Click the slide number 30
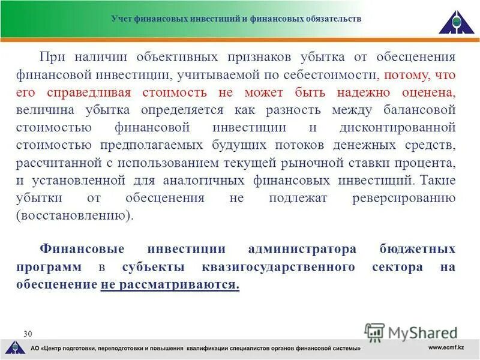pos(28,334)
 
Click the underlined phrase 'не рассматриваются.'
pos(170,284)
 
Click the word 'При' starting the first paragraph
pos(52,58)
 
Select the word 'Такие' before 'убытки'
pos(439,180)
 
